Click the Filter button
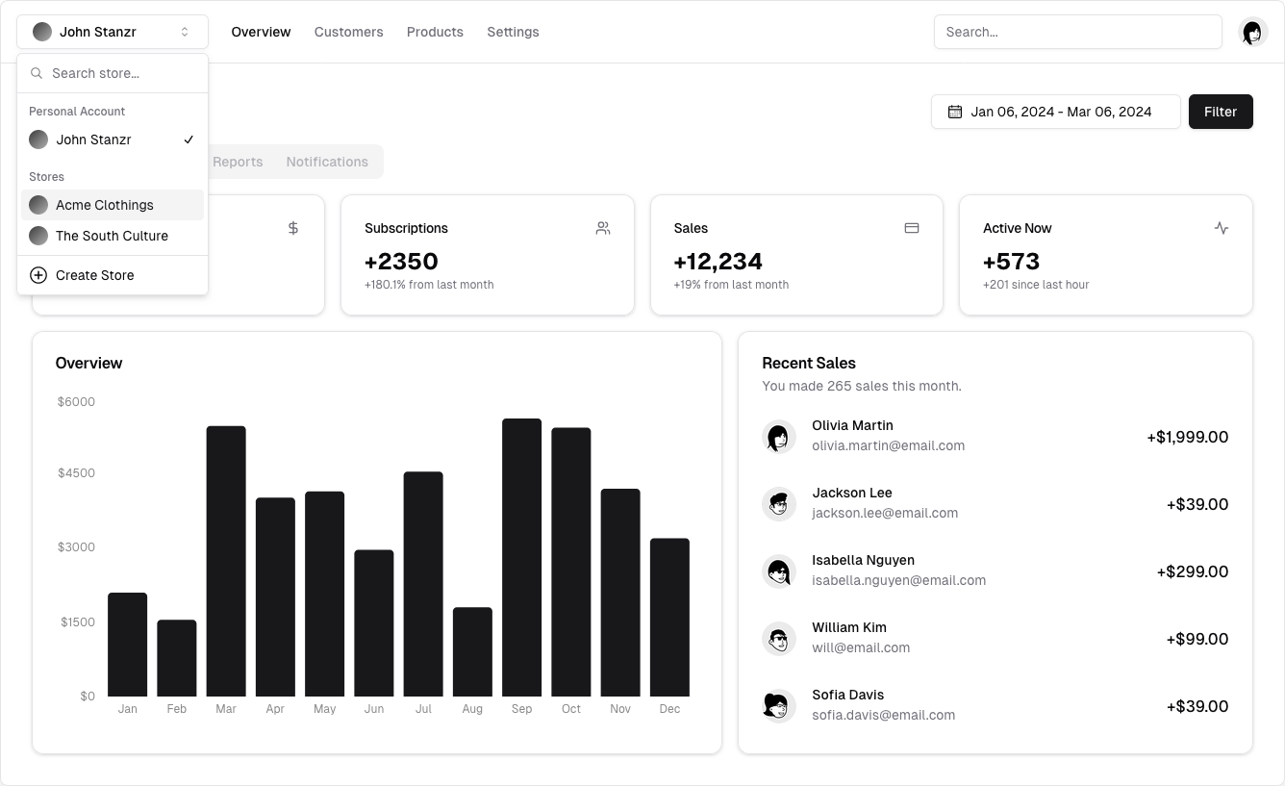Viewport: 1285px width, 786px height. [1220, 112]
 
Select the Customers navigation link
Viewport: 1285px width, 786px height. [348, 32]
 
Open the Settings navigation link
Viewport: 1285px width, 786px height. [513, 32]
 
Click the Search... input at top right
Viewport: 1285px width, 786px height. [1077, 32]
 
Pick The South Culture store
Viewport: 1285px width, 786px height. [112, 236]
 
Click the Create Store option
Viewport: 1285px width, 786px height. [94, 275]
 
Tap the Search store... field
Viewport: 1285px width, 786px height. [120, 73]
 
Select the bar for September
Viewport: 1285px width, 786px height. [521, 557]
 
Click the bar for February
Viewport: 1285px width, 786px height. [177, 658]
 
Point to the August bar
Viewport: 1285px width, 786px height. [472, 651]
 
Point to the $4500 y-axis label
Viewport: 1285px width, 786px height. [76, 472]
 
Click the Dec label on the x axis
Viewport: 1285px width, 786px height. [669, 709]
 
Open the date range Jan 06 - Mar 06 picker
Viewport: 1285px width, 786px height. [1055, 112]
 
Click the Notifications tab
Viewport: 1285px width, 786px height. [327, 162]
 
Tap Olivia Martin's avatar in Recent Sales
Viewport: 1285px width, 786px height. [778, 436]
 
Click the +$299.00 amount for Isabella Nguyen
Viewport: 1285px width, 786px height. [1192, 571]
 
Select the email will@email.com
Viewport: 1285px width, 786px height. [861, 647]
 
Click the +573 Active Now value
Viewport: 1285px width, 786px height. [1011, 262]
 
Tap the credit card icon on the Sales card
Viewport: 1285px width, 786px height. [912, 228]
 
